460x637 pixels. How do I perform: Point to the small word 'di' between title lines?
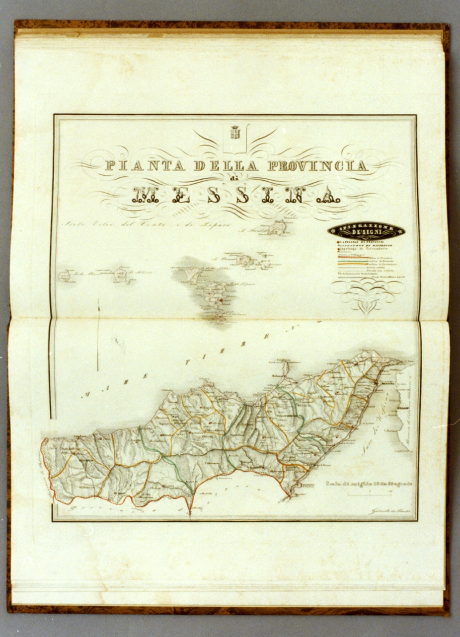(232, 180)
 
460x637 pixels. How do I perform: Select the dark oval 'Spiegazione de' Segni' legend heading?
(366, 230)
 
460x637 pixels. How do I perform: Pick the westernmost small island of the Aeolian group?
(65, 276)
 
